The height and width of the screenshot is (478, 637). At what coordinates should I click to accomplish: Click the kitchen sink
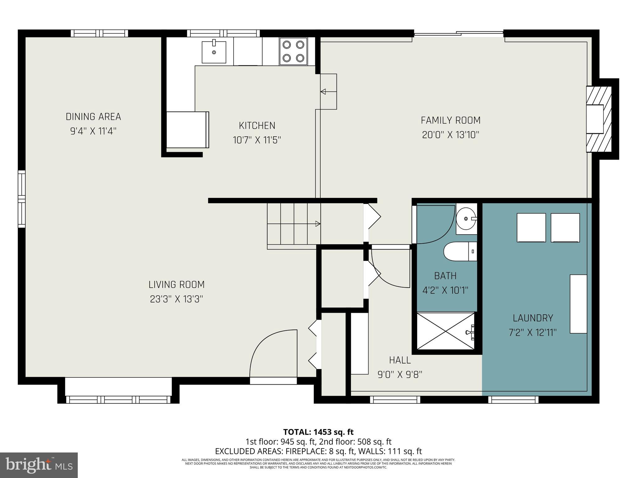tap(214, 52)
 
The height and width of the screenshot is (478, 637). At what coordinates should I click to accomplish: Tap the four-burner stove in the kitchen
tap(293, 51)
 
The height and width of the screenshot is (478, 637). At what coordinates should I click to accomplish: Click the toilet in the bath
tap(460, 252)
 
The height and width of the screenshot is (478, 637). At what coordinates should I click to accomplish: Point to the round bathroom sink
tap(466, 219)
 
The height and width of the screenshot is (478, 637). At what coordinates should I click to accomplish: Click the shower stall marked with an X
tap(445, 331)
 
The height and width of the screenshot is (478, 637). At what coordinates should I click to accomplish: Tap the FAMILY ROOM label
tap(450, 120)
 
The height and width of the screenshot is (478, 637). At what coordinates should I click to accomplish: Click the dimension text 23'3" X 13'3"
tap(176, 299)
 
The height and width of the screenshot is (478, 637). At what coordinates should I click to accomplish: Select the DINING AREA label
tap(93, 117)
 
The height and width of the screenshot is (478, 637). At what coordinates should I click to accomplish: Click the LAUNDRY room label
tap(533, 318)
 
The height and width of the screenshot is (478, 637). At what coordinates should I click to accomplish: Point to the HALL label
tap(400, 360)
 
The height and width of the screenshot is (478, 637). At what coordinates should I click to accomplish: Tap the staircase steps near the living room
tap(294, 224)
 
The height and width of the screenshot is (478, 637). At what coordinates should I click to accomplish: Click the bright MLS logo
tap(39, 465)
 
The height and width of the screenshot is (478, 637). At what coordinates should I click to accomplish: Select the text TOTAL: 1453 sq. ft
tap(318, 432)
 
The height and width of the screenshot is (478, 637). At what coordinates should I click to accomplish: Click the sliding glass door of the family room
tap(458, 34)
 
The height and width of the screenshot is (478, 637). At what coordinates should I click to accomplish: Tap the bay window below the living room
tap(118, 399)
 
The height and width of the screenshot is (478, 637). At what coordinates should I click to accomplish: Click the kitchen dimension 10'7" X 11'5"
tap(257, 140)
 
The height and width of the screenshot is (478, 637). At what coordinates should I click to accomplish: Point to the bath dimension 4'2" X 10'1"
tap(445, 290)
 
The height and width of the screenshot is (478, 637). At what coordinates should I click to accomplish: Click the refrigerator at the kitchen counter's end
tap(187, 130)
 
